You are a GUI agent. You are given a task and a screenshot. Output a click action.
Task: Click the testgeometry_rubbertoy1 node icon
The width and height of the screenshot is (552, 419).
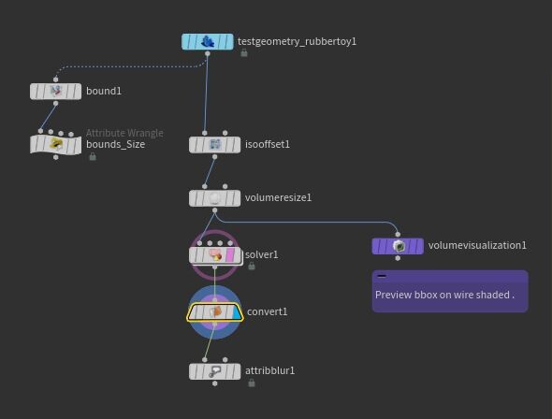208,42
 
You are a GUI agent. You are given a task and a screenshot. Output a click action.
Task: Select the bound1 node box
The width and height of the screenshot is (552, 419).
55,92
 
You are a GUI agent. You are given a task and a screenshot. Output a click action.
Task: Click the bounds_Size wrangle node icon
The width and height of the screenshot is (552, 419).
56,144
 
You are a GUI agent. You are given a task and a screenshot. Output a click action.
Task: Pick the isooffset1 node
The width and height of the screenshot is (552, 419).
215,145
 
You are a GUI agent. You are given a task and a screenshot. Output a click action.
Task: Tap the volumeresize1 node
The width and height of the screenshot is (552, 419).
215,198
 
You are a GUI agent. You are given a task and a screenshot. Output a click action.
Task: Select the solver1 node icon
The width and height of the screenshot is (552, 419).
215,254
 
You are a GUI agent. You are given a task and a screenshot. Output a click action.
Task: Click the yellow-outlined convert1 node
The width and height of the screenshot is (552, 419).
215,312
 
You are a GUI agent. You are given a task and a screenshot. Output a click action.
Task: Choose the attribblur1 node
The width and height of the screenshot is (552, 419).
215,371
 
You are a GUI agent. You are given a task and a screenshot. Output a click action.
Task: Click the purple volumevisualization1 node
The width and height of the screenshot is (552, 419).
398,246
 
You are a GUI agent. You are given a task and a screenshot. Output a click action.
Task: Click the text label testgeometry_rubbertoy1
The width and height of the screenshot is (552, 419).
297,41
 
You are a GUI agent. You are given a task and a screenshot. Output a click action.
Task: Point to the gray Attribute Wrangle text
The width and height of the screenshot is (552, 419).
124,133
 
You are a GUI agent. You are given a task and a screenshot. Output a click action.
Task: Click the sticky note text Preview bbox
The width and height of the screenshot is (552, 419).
406,295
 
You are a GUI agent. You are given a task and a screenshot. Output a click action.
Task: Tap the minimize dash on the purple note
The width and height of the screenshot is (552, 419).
382,276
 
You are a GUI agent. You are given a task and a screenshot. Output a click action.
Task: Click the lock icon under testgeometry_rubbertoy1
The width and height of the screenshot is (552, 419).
243,53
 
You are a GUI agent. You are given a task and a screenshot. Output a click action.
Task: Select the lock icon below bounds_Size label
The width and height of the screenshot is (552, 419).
93,156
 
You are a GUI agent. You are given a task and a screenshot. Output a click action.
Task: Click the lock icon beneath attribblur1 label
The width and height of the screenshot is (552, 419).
252,383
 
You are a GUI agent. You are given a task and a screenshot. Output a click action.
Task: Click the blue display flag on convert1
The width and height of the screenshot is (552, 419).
238,312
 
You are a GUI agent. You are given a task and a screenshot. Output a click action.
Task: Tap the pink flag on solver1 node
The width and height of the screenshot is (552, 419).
230,255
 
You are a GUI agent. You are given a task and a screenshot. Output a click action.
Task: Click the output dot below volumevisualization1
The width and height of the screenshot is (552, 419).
398,258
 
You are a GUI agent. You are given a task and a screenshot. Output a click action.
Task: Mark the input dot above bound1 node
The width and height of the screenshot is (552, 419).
55,79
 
